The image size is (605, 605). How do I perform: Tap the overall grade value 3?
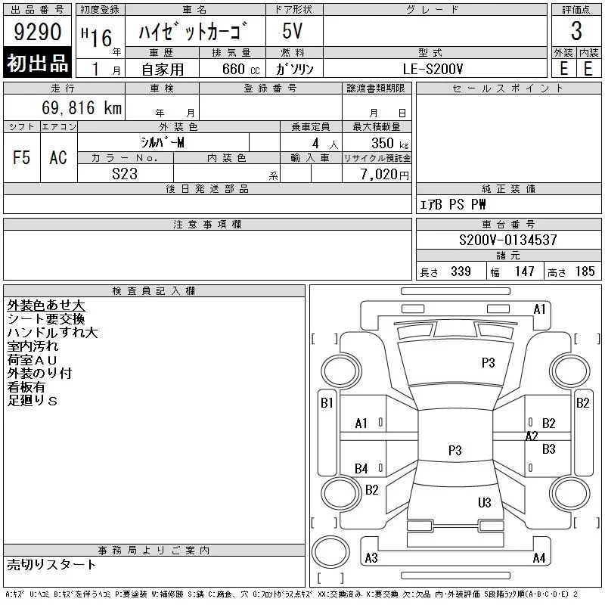(576, 32)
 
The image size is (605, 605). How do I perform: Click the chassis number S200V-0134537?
(508, 240)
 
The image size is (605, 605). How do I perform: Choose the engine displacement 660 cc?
(230, 69)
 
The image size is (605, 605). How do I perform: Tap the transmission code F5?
(21, 157)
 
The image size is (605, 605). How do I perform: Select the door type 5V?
(293, 32)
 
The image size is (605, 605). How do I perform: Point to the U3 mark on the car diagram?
(485, 503)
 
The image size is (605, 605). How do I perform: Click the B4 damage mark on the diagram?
(361, 469)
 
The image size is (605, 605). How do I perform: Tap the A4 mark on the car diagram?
(538, 559)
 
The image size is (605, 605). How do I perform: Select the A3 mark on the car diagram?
(371, 559)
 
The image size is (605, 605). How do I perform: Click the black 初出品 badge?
(38, 64)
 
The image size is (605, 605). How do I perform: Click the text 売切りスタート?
(52, 564)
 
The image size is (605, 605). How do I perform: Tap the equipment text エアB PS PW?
(453, 204)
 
